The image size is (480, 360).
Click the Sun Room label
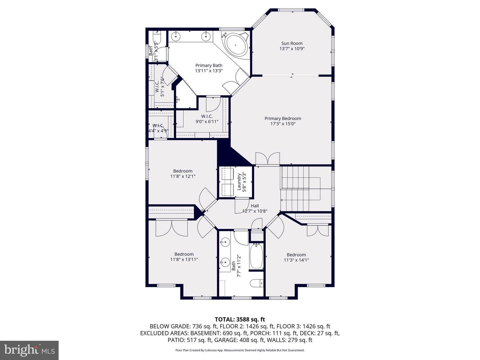292,43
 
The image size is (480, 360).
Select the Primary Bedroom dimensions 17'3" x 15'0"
283,124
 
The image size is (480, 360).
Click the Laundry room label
239,182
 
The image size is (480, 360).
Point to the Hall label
255,206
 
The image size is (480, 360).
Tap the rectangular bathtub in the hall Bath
256,256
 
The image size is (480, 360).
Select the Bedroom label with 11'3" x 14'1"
296,255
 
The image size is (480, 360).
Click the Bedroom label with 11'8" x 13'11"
184,254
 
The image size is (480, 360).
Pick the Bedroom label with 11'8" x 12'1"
183,171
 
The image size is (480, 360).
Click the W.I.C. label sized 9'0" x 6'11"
207,116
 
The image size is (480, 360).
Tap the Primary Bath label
209,65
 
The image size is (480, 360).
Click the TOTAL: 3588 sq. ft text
240,319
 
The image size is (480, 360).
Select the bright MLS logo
29,350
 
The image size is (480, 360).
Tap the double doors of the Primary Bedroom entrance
267,159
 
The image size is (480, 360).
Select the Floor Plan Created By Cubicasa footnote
240,350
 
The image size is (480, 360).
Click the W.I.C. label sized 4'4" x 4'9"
158,126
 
